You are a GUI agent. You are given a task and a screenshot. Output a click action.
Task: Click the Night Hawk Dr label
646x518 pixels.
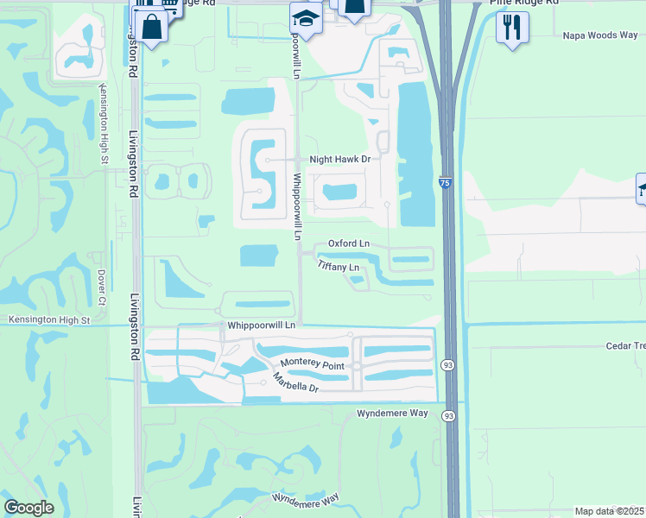(339, 160)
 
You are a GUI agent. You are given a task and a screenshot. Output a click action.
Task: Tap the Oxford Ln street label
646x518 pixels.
(348, 243)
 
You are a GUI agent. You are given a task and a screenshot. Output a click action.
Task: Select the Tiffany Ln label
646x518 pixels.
(338, 267)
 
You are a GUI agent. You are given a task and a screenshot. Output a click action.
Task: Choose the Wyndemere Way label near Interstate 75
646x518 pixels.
(393, 414)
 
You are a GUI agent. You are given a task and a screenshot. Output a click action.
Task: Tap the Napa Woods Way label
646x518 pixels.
(600, 35)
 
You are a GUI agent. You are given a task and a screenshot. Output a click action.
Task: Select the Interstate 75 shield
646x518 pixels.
(444, 183)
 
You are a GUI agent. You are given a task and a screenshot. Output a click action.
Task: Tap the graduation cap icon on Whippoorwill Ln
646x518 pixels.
(306, 16)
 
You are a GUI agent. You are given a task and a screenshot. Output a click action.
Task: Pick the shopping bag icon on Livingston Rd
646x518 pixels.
(152, 25)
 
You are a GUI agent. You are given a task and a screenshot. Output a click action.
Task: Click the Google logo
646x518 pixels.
(28, 508)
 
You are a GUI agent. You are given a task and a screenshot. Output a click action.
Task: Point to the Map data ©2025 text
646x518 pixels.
(610, 511)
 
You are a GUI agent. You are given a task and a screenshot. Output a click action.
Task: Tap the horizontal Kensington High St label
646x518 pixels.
(48, 320)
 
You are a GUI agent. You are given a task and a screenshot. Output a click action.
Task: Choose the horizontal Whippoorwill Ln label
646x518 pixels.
(262, 325)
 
